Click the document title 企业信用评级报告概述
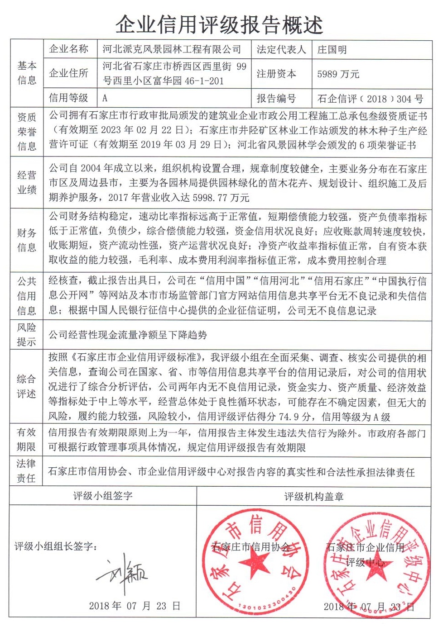[219, 24]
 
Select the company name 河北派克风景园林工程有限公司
[172, 49]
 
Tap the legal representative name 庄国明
[332, 50]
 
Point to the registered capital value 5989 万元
[338, 74]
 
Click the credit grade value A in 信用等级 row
[105, 98]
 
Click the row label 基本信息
[27, 73]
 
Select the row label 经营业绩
[27, 182]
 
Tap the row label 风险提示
[26, 334]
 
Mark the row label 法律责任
[26, 470]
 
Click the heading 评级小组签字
[103, 496]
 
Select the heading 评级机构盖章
[314, 496]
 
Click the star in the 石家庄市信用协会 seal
[254, 564]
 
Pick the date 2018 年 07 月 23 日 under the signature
[135, 606]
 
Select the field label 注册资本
[276, 74]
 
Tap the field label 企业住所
[69, 73]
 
